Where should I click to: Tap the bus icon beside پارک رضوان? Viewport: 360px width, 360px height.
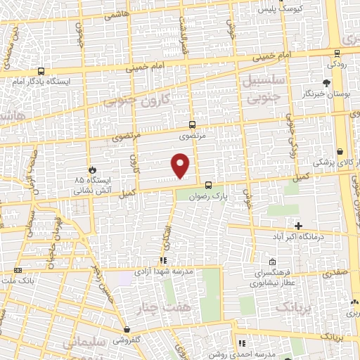pos(208,186)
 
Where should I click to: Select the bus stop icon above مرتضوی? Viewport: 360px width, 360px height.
pos(192,124)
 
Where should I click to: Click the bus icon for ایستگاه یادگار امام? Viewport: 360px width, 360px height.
pos(40,71)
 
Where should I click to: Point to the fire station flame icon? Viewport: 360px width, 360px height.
pos(91,169)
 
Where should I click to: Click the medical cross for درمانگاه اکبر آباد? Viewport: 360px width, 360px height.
pos(298,226)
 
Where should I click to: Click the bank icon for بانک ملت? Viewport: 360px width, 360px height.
pos(18,270)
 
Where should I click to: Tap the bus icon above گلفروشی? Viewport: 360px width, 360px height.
pos(126,329)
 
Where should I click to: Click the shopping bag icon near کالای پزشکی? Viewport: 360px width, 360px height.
pos(340,151)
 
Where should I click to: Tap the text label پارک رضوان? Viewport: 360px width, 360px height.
pos(208,197)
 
